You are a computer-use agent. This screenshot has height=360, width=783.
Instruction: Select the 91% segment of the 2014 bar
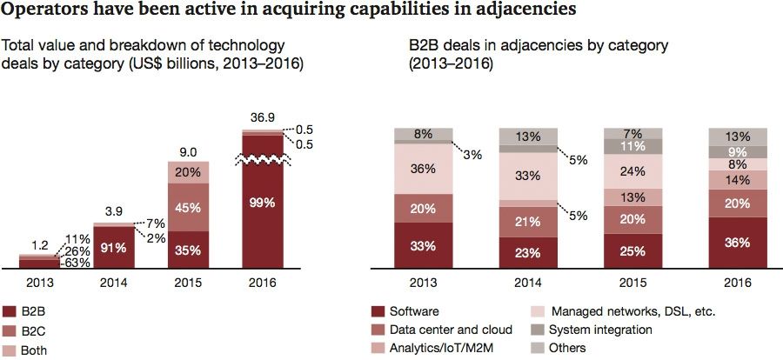click(x=113, y=245)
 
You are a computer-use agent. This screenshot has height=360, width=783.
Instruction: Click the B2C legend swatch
click(x=10, y=330)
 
